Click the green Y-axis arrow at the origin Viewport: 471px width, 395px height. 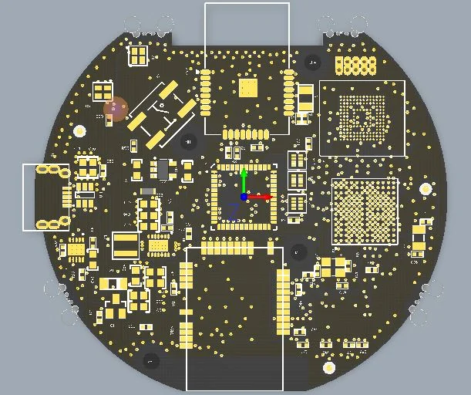coord(244,179)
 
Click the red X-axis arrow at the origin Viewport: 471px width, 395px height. coord(262,197)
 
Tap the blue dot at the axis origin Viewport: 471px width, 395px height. coord(244,197)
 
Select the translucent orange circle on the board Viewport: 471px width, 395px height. coord(116,109)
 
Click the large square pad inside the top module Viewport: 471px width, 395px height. coord(248,87)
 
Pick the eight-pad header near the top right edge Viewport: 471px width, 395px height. coord(355,66)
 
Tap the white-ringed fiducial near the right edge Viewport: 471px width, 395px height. coord(426,188)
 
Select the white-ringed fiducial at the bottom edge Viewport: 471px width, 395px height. coord(329,367)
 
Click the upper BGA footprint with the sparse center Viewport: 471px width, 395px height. coord(362,119)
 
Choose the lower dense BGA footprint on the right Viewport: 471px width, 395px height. coord(365,211)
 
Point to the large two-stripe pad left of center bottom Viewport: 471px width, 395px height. coord(126,245)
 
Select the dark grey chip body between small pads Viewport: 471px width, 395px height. coord(163,169)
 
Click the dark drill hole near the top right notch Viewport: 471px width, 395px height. coord(313,61)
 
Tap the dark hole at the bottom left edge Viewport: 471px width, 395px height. coord(152,360)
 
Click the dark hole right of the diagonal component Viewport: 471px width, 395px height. coord(189,142)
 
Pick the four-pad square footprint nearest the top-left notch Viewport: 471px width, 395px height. coord(139,56)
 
